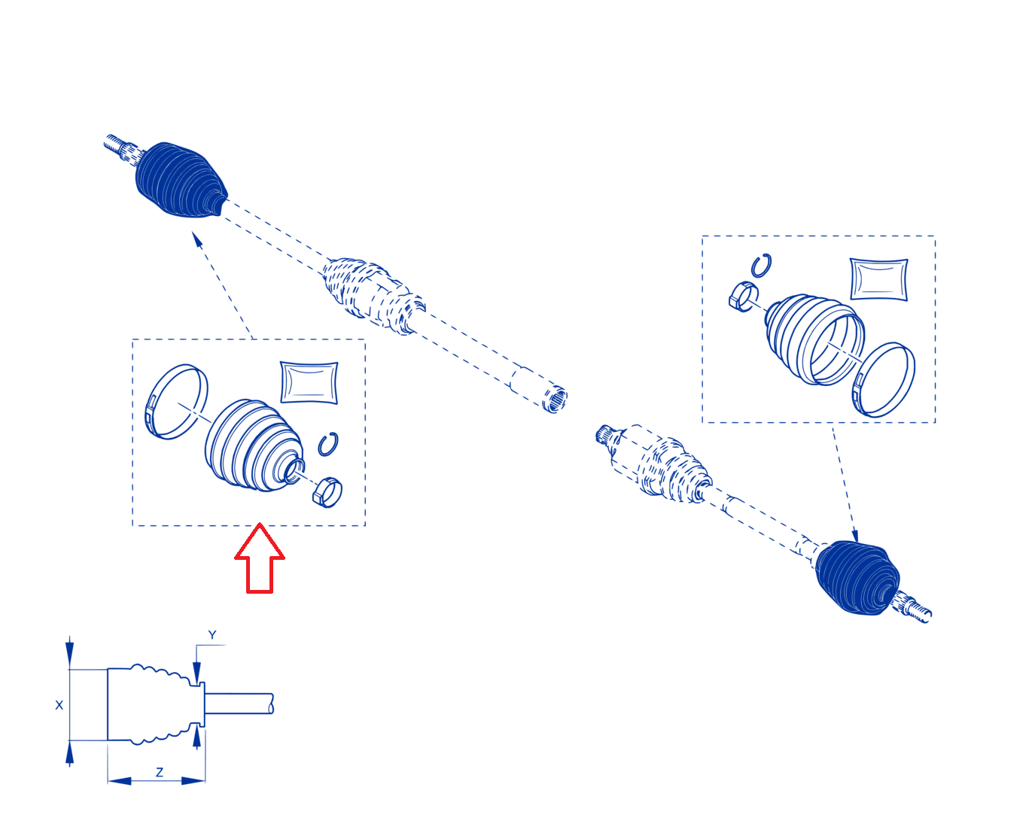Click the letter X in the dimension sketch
pyautogui.click(x=59, y=705)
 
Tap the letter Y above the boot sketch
pyautogui.click(x=212, y=635)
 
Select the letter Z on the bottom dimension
pyautogui.click(x=160, y=772)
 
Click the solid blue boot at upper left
pyautogui.click(x=180, y=179)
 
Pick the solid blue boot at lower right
pyautogui.click(x=857, y=577)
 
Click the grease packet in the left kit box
pyautogui.click(x=309, y=382)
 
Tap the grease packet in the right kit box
pyautogui.click(x=879, y=279)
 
